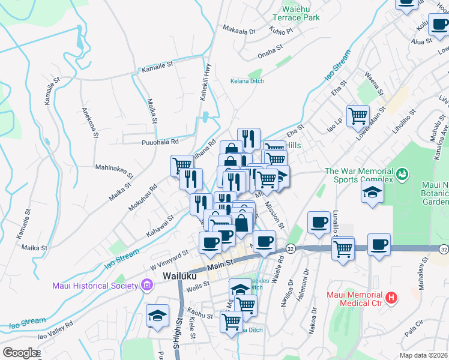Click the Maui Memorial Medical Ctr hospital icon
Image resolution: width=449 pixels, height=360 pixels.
[x=391, y=297]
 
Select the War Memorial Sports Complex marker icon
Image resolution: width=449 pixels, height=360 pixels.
[x=402, y=175]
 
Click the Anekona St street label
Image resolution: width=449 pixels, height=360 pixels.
[x=89, y=122]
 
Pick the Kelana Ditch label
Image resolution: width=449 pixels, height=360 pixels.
[x=247, y=81]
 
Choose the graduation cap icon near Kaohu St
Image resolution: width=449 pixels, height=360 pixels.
[x=157, y=315]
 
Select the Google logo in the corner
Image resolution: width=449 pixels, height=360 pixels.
[x=20, y=353]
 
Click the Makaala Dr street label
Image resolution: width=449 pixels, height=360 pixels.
[x=239, y=29]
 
